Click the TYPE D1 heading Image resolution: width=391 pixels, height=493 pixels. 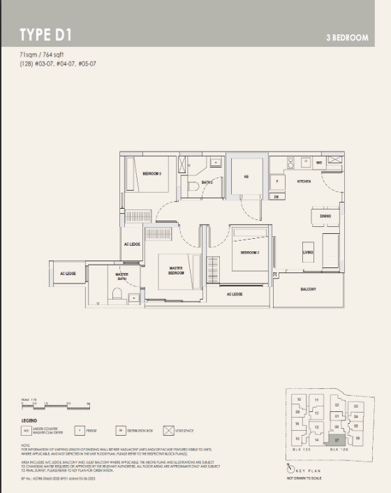pos(45,35)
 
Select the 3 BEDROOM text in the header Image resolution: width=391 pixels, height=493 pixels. pos(346,38)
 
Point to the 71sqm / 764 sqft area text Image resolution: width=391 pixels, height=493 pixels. pos(43,54)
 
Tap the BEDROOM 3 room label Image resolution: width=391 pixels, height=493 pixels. pos(152,172)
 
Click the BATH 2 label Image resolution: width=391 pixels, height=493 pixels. pos(207,182)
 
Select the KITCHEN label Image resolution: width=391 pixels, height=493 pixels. pos(304,181)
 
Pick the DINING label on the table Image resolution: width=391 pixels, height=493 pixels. pos(325,216)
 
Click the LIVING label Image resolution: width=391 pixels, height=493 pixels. pos(308,252)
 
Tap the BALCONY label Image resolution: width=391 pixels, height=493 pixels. pos(309,288)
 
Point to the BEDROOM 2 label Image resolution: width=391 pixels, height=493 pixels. pos(250,252)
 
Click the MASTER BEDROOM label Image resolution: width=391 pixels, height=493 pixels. pos(176,270)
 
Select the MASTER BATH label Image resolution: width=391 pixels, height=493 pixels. pos(121,277)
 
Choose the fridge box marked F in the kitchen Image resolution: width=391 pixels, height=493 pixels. pos(277,182)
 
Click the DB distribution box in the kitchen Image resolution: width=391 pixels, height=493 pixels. pos(276,197)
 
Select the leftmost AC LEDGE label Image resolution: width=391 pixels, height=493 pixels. pos(68,274)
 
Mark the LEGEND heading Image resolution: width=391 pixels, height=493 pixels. pos(29,420)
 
